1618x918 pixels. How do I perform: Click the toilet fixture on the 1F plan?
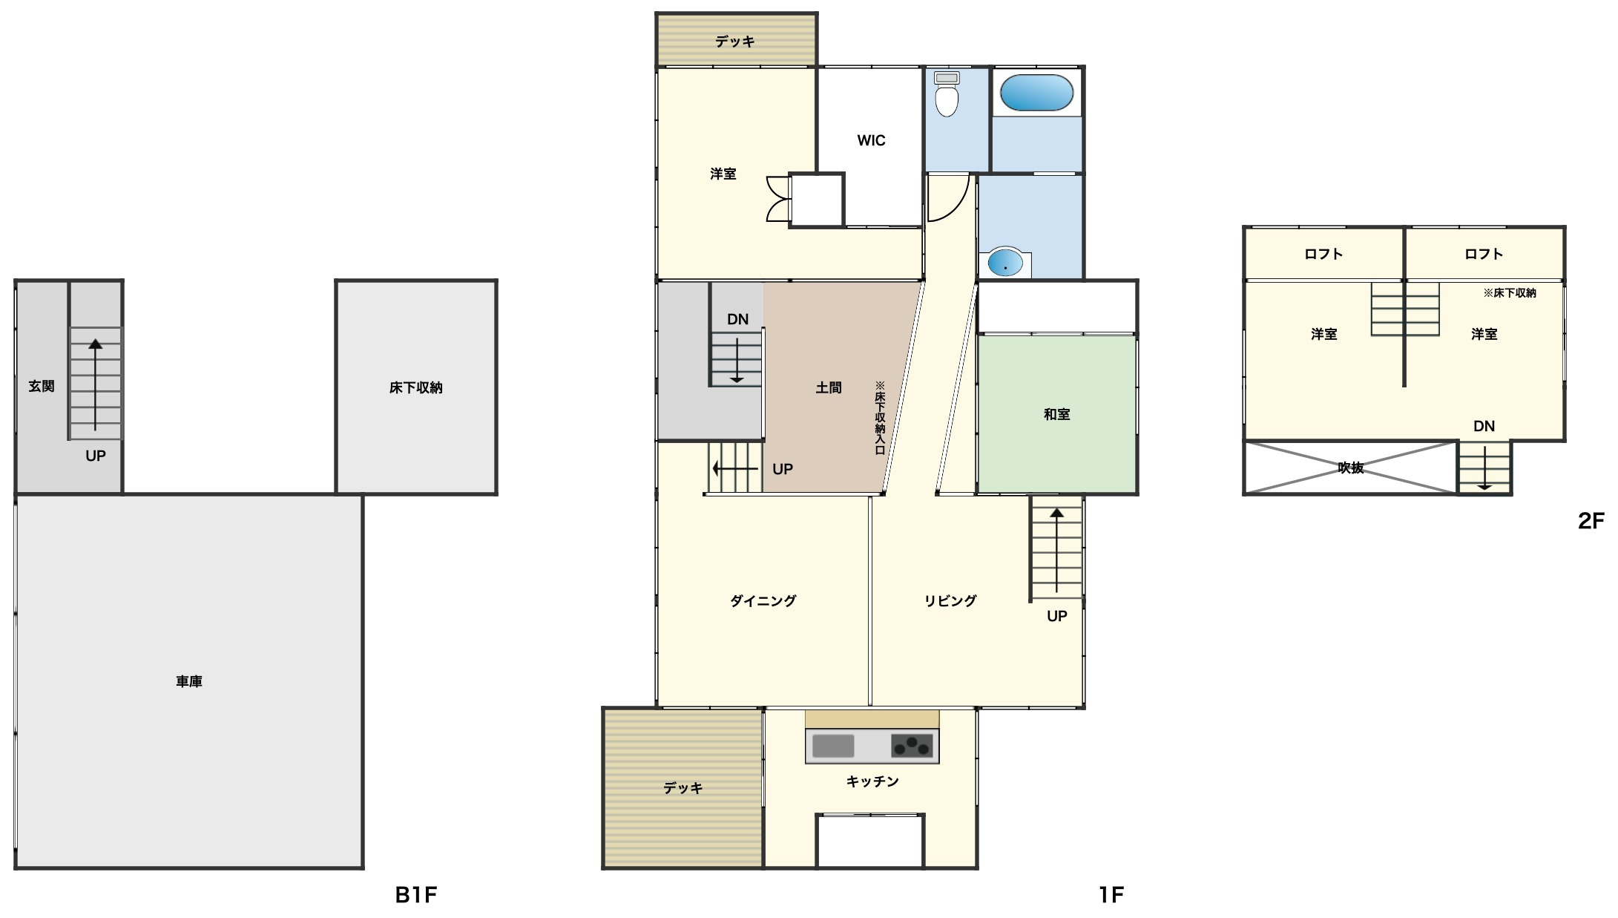point(947,94)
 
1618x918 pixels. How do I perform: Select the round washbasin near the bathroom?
point(1004,263)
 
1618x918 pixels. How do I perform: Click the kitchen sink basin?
point(833,746)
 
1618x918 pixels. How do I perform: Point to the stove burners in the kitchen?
point(912,745)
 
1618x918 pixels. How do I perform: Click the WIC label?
point(871,140)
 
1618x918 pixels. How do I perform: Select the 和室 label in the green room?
point(1057,414)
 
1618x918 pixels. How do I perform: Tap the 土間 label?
point(829,387)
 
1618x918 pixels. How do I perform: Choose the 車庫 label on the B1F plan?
point(189,681)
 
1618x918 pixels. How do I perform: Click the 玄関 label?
point(42,386)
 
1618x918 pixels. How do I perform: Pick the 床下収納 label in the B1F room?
point(415,387)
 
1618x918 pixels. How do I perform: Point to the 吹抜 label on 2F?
point(1350,468)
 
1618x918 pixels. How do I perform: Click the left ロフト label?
point(1323,254)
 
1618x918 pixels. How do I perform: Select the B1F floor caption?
point(416,895)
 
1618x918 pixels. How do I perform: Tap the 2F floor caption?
point(1591,521)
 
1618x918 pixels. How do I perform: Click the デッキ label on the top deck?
point(735,42)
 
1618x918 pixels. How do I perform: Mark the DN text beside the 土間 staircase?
point(737,319)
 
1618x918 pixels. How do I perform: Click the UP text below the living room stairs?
point(1057,616)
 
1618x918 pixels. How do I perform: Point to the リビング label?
point(950,601)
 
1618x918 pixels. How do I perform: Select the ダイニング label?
point(763,601)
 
